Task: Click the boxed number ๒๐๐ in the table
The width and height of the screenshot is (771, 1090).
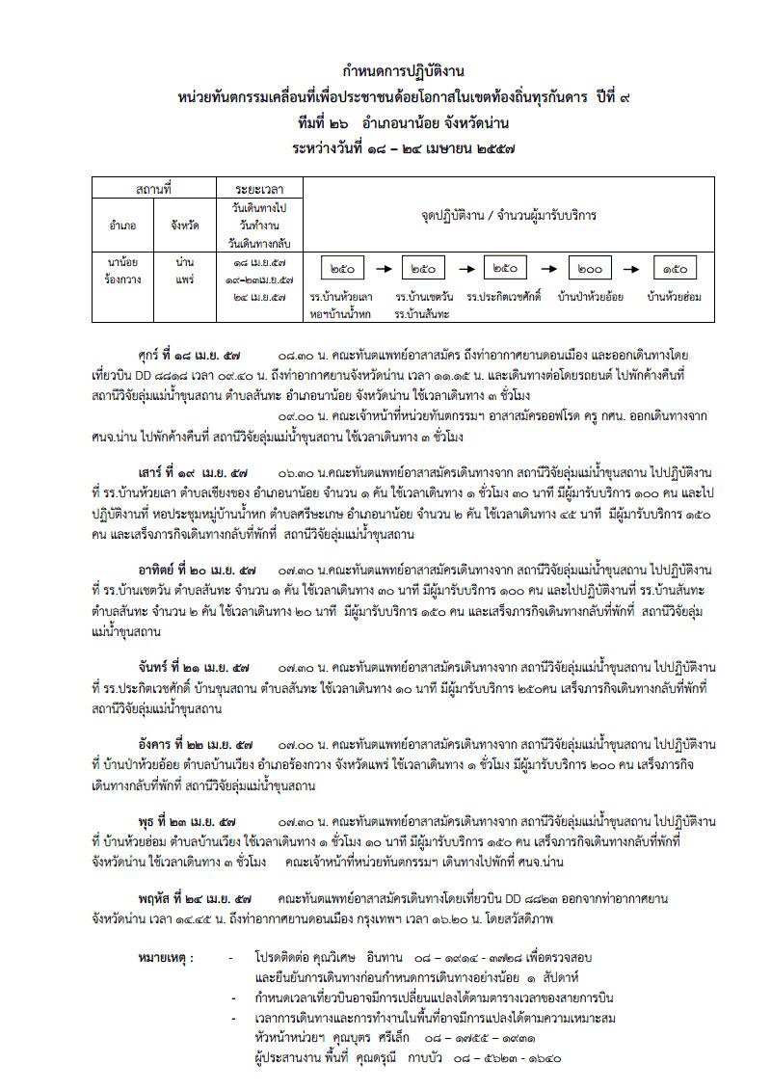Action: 590,269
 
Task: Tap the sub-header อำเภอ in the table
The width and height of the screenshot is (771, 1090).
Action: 123,225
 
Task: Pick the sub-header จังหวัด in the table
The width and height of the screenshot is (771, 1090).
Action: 185,225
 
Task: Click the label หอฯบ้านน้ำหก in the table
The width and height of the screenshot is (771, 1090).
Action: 340,313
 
